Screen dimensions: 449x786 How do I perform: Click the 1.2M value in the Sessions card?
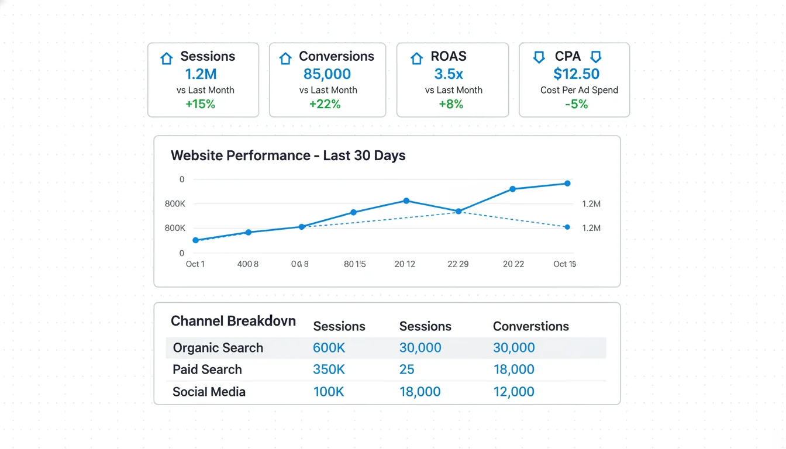coord(201,74)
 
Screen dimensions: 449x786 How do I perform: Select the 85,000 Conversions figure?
coord(327,74)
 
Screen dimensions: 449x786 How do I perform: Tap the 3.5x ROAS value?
coord(449,74)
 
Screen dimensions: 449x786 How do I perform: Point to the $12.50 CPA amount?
coord(576,74)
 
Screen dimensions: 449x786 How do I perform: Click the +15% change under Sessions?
coord(200,105)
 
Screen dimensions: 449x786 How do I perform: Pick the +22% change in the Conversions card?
coord(325,105)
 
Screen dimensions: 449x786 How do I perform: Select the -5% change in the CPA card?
coord(576,105)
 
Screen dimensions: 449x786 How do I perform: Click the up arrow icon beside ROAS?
coord(416,58)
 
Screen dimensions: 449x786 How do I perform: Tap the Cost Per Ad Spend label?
coord(579,90)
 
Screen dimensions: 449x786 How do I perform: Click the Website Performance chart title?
coord(288,156)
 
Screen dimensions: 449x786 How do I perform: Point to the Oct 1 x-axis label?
coord(195,264)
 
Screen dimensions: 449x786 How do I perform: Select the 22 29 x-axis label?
coord(458,264)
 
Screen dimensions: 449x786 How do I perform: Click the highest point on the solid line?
coord(567,184)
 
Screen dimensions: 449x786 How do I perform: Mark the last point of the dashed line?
coord(567,227)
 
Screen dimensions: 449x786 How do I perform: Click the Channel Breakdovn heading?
coord(233,321)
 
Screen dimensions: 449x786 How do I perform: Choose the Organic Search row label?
coord(218,348)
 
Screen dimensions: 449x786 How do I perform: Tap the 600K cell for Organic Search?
coord(329,348)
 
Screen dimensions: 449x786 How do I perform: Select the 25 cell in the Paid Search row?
coord(406,369)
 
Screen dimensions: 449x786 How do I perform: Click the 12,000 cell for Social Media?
coord(513,392)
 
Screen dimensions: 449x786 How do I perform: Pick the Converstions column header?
coord(530,326)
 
